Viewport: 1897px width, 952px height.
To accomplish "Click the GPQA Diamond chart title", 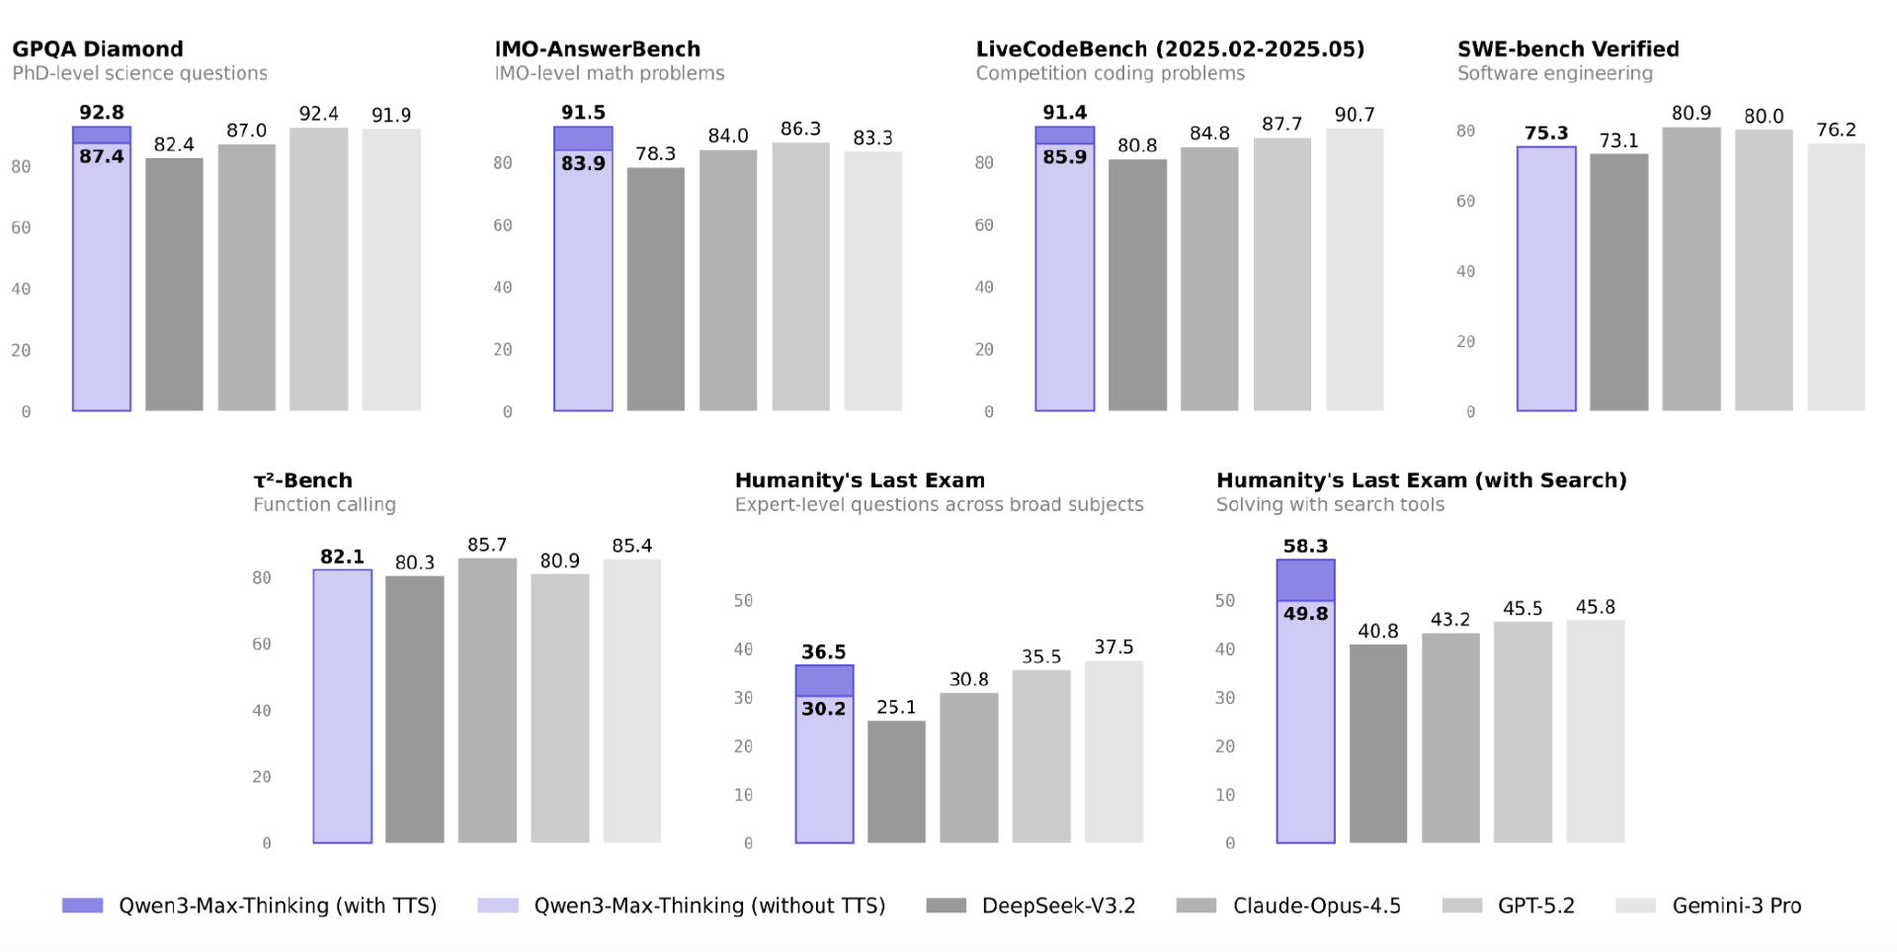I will pos(98,49).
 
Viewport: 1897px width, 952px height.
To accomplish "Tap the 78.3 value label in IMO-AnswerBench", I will pos(655,154).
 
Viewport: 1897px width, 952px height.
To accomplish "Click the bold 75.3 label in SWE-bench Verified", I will pos(1546,133).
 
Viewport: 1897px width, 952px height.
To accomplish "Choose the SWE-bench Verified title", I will pos(1568,49).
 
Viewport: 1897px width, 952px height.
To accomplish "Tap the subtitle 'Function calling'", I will pos(324,505).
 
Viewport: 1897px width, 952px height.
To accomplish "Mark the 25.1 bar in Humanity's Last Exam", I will pos(896,781).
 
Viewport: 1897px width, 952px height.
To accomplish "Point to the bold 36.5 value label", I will pos(823,652).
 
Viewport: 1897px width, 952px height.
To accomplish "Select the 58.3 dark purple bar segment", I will pos(1305,580).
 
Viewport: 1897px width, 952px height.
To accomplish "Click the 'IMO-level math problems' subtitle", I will pos(610,74).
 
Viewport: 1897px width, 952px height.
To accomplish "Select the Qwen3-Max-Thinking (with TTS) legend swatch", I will pos(82,906).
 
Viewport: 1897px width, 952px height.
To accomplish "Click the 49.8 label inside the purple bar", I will pos(1305,614).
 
